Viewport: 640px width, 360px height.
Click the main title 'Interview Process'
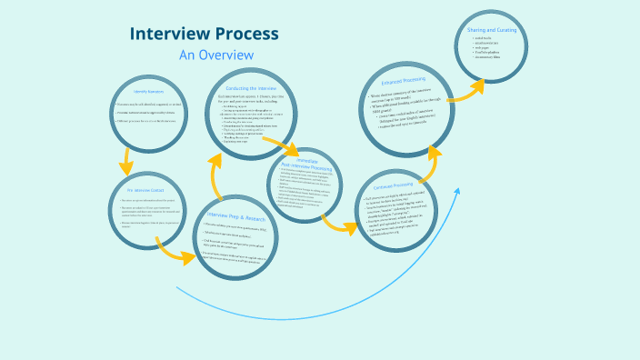tap(204, 35)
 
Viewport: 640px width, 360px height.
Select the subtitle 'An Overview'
tap(215, 55)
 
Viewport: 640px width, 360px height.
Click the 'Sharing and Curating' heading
tap(493, 30)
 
